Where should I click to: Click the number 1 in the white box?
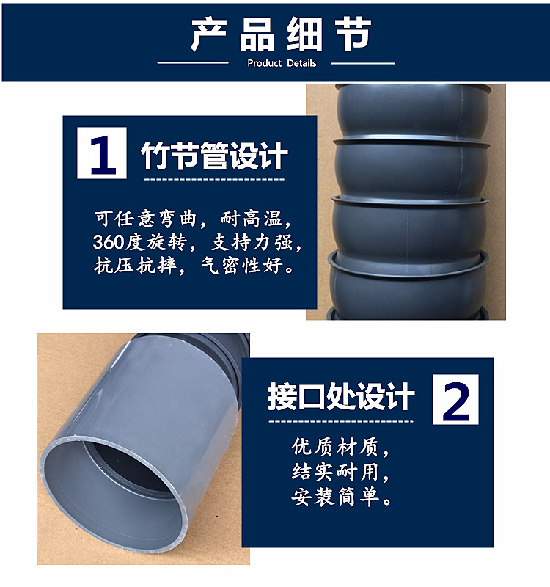point(102,153)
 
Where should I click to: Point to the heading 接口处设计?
point(341,397)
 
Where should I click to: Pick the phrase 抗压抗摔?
point(136,266)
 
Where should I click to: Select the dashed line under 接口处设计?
point(340,421)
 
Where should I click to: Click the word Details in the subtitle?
point(301,63)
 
